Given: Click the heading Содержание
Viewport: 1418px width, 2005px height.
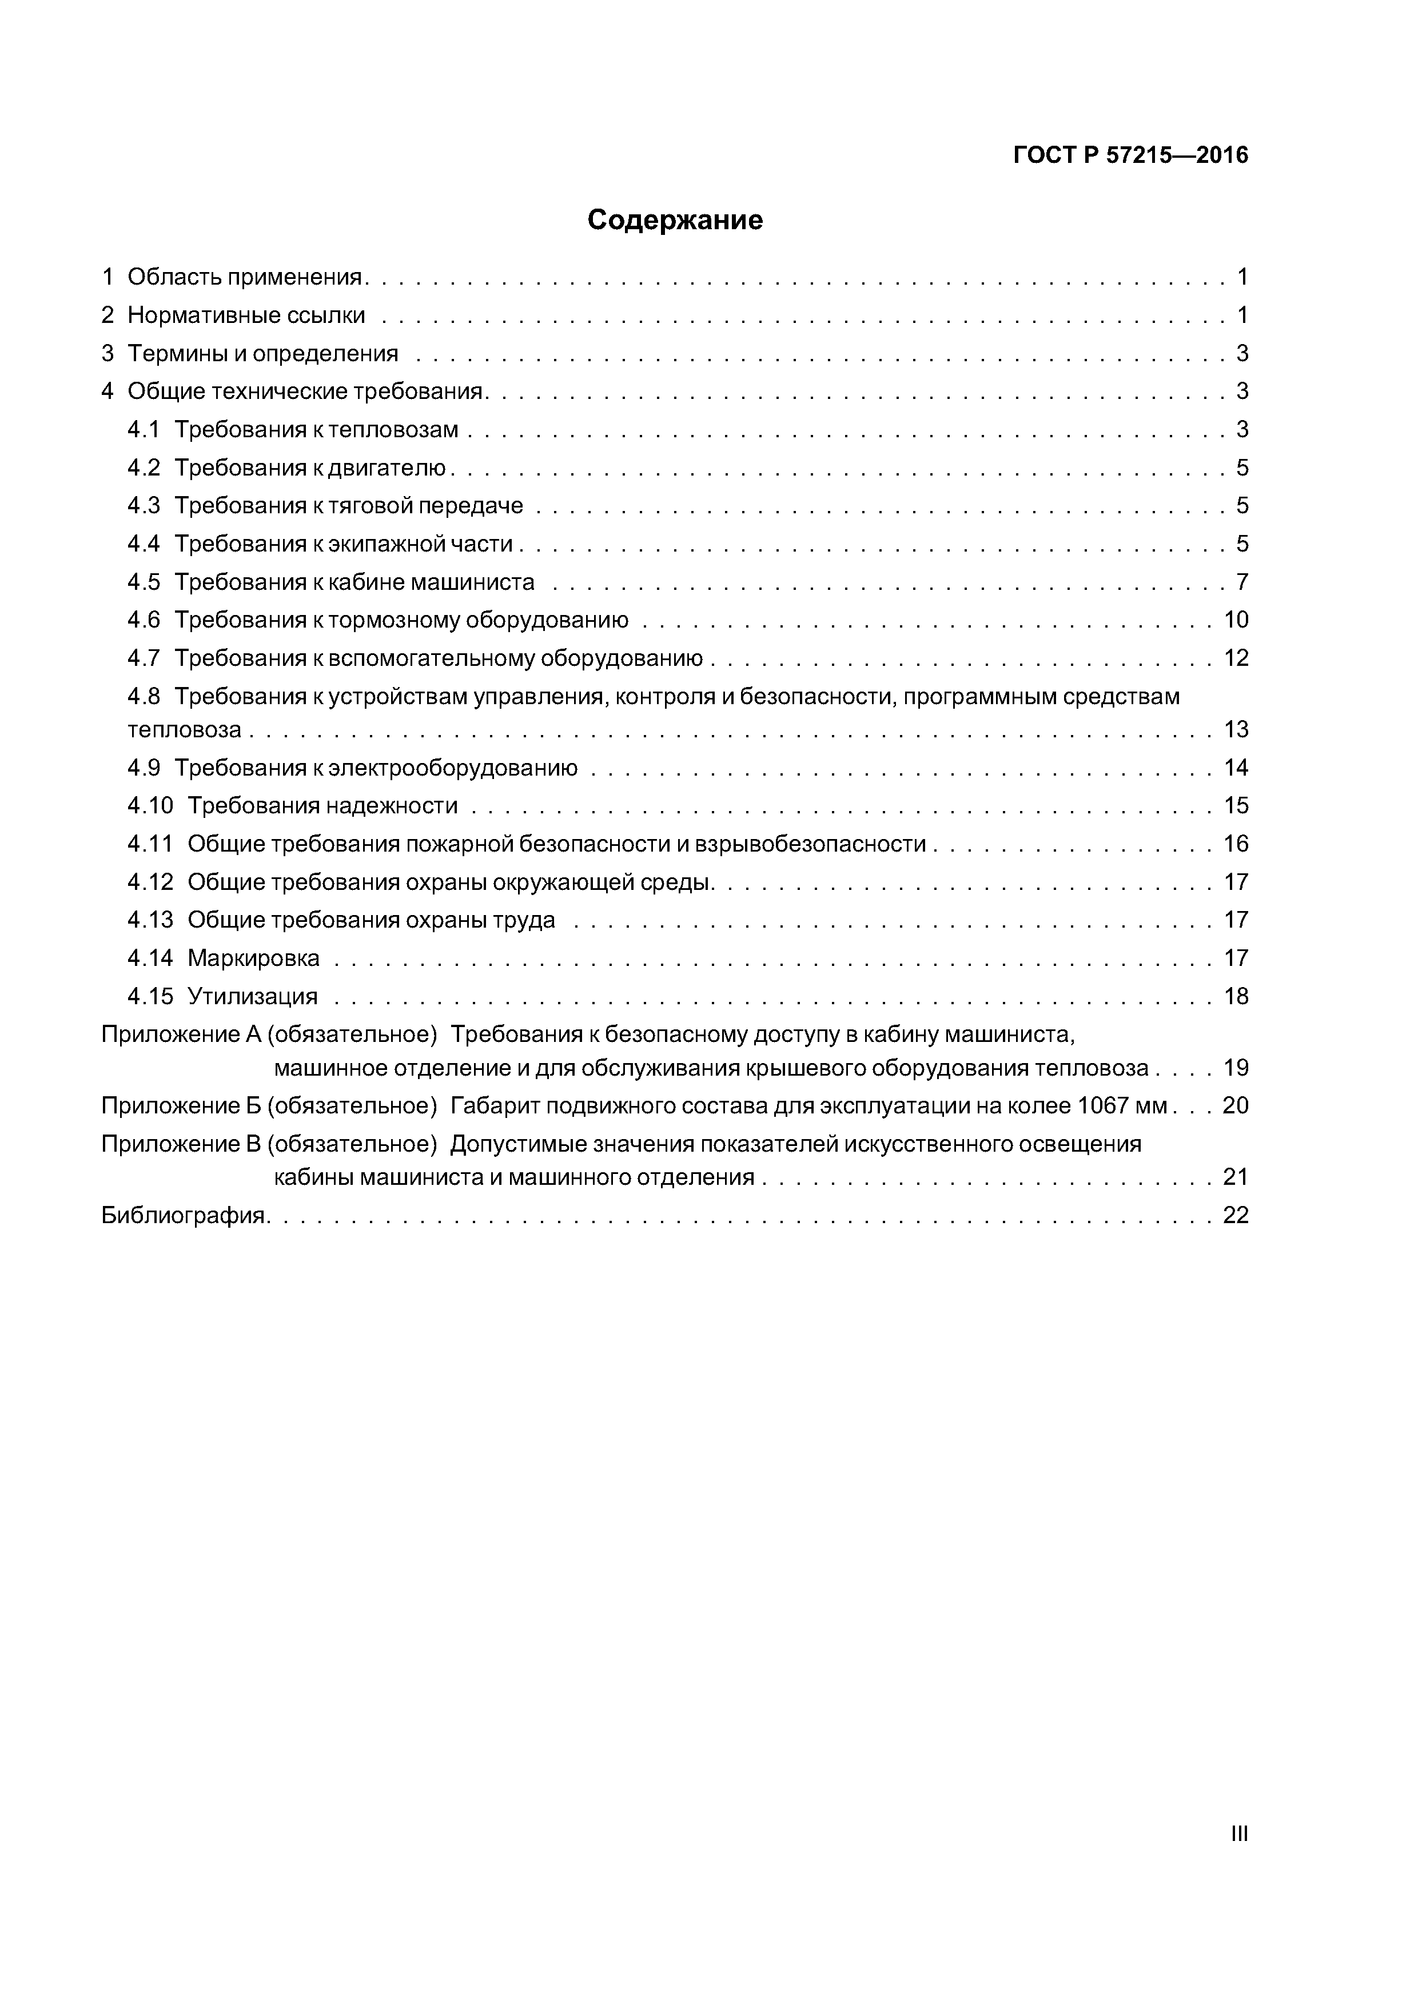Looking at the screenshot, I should pyautogui.click(x=675, y=220).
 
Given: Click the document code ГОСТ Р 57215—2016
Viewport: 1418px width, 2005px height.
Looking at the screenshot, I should pyautogui.click(x=1130, y=155).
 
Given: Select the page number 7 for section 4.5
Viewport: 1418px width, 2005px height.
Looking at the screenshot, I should pyautogui.click(x=1241, y=582).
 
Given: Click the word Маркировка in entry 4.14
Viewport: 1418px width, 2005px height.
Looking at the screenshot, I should pyautogui.click(x=253, y=958).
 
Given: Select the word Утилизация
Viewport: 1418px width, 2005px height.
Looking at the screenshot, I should pyautogui.click(x=253, y=996).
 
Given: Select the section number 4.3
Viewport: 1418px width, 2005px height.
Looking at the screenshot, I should pyautogui.click(x=144, y=506).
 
